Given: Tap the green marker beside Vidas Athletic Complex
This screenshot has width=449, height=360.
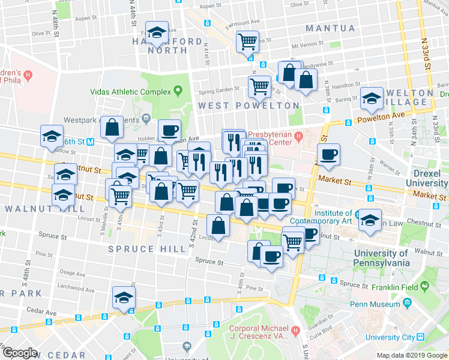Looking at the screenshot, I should point(178,91).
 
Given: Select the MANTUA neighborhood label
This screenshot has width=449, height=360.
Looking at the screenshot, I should point(330,28).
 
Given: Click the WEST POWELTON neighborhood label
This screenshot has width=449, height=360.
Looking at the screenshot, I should point(249,106).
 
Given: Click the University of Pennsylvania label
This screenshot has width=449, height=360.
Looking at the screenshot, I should point(374,257).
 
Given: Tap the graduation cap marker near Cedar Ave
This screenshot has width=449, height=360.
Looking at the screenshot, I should point(124,297).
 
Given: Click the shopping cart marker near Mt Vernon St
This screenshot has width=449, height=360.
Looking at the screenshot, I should point(247,41).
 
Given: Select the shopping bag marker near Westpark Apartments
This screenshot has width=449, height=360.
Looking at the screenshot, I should point(112,127).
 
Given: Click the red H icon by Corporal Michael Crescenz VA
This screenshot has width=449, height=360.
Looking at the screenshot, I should point(295,331).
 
